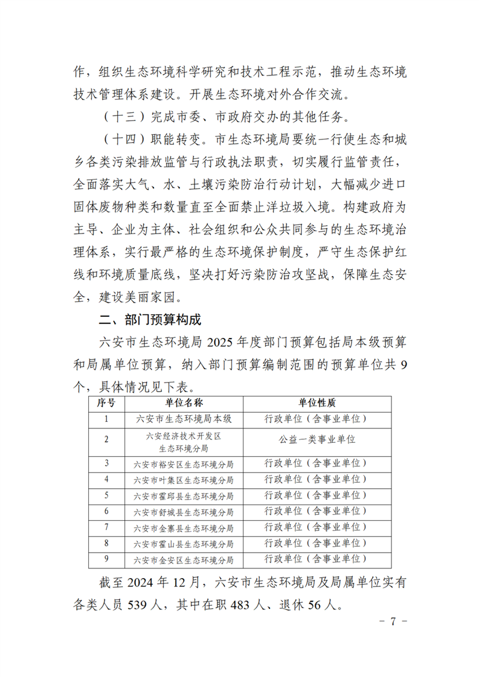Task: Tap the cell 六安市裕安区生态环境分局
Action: (x=184, y=463)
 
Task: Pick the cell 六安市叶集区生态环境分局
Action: (x=184, y=480)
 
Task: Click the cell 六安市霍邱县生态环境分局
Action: (x=184, y=496)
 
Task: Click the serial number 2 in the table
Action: (x=106, y=440)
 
